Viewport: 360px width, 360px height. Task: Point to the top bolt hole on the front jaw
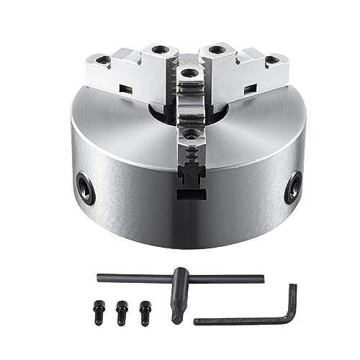tap(188, 73)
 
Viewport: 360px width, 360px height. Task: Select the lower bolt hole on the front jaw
tap(190, 134)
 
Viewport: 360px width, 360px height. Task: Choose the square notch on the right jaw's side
tap(252, 90)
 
